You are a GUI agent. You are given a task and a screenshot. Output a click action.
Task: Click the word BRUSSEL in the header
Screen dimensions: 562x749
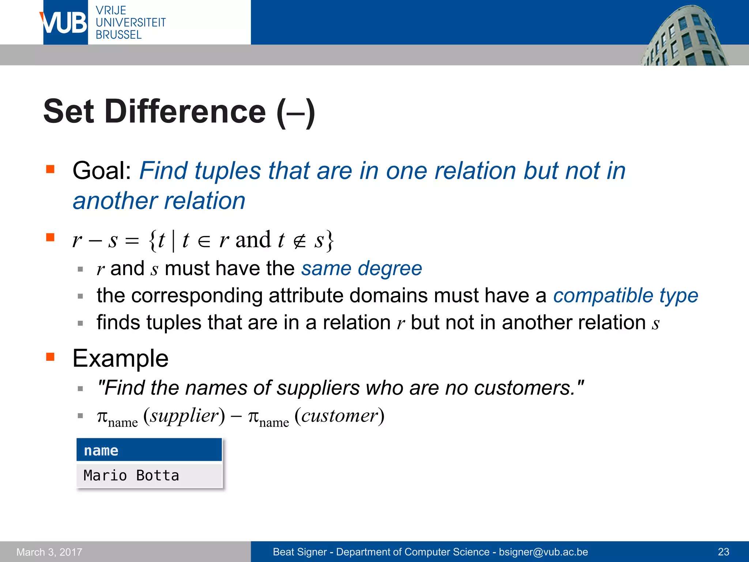click(x=118, y=35)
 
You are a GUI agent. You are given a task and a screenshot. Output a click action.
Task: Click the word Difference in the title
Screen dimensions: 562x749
click(x=185, y=112)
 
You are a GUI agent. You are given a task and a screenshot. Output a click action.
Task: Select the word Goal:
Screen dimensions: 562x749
click(x=102, y=171)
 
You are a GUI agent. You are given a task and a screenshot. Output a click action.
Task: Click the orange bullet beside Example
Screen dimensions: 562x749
click(x=50, y=357)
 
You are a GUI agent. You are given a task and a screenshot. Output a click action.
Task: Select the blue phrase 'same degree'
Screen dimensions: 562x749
click(x=361, y=269)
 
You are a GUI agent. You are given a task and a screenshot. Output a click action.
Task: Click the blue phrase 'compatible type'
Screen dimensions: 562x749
click(x=625, y=296)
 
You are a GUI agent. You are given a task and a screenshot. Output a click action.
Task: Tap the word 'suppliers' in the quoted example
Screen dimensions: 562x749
click(x=318, y=388)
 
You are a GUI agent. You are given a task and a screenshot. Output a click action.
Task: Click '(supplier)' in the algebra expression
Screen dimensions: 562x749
click(x=184, y=416)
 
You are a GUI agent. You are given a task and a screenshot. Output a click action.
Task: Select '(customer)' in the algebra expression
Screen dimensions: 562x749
click(x=339, y=416)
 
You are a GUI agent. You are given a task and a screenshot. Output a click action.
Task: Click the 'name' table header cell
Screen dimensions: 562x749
click(x=149, y=450)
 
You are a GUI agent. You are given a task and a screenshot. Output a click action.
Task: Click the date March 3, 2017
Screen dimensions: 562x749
click(x=49, y=552)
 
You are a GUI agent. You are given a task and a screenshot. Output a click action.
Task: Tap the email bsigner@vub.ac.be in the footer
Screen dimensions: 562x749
click(x=543, y=552)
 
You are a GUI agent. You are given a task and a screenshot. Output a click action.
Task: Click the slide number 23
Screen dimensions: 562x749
click(x=723, y=552)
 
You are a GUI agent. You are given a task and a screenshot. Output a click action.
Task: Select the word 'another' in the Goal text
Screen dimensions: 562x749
click(x=114, y=201)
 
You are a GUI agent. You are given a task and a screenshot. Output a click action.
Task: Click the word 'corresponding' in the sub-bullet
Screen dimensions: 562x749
click(x=197, y=296)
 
